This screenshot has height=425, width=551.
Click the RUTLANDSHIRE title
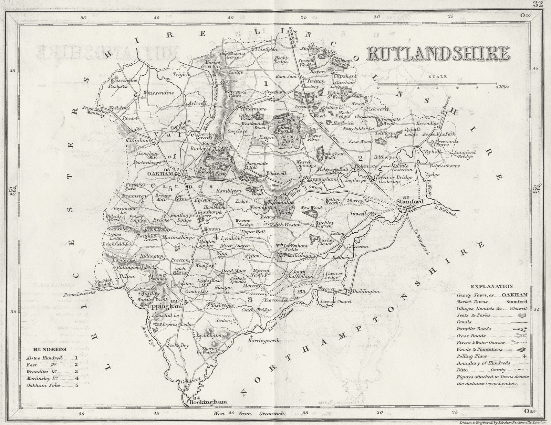[438, 53]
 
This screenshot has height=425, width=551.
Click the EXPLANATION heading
[492, 286]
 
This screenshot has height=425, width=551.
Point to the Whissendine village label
[159, 93]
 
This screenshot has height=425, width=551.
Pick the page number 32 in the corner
[538, 4]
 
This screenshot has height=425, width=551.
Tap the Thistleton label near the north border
[266, 49]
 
